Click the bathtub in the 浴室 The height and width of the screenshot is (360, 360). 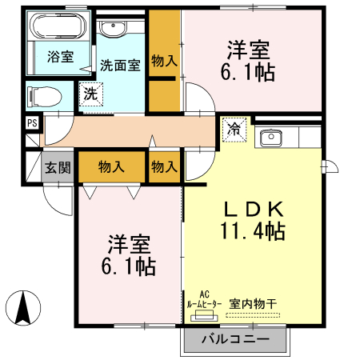click(x=58, y=29)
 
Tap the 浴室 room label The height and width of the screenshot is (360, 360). click(x=60, y=57)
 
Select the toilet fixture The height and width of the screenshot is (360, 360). click(x=46, y=96)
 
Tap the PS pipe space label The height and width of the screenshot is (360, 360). click(x=32, y=123)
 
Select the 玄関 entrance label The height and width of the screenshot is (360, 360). click(x=58, y=167)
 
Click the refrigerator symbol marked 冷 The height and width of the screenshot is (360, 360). click(x=235, y=128)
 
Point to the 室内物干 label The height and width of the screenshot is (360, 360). click(x=253, y=303)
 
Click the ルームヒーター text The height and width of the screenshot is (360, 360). click(x=204, y=304)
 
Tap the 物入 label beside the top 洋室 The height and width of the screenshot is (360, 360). click(x=164, y=62)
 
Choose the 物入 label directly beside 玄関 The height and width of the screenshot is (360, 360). click(x=111, y=167)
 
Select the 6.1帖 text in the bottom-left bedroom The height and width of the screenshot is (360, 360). click(x=129, y=264)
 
